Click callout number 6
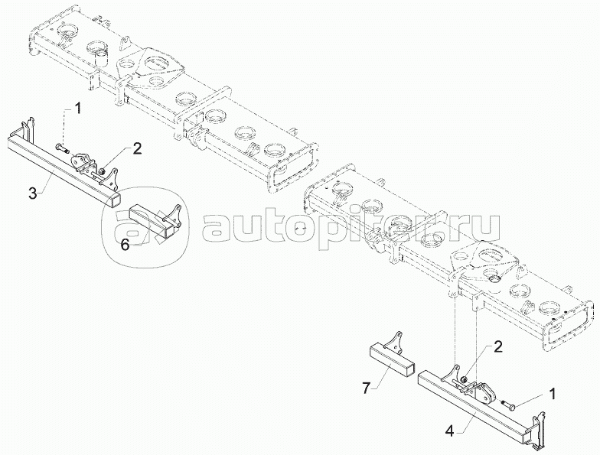pos(123,244)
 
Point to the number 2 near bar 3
pos(137,149)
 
